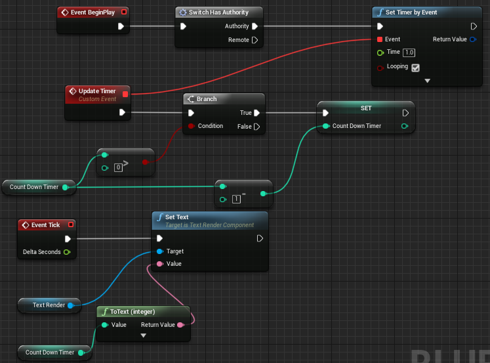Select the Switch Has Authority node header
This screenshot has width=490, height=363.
click(x=218, y=12)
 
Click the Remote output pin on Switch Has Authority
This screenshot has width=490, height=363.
click(x=255, y=40)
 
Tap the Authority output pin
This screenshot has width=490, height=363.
click(x=255, y=26)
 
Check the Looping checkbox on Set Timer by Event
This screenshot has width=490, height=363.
click(x=415, y=67)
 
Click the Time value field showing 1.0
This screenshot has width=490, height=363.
click(x=409, y=52)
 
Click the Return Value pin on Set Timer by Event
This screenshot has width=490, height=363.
click(x=473, y=39)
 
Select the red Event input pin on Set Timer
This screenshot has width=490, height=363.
click(x=380, y=39)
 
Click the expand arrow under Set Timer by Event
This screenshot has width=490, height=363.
click(x=427, y=80)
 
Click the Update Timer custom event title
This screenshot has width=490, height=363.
click(x=97, y=91)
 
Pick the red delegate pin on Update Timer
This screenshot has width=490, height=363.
click(x=125, y=94)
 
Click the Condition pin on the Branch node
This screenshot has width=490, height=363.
click(x=191, y=126)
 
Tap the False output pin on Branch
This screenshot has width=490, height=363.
click(x=256, y=127)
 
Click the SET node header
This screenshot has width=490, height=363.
click(x=366, y=107)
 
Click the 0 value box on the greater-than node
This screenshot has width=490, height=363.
click(x=119, y=167)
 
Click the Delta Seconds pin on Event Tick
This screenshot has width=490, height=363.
click(x=67, y=252)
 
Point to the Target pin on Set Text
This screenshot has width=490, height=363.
click(x=159, y=251)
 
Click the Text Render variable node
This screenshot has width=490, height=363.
click(x=49, y=305)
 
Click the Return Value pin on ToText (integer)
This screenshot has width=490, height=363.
click(x=181, y=324)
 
